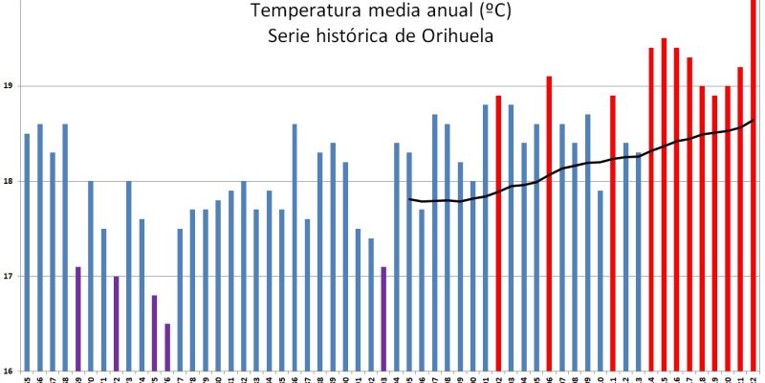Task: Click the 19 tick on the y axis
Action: [8, 86]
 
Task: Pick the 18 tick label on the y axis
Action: [8, 181]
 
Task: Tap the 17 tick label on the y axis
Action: [8, 277]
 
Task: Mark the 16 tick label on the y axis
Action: [8, 372]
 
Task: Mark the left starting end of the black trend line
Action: [409, 199]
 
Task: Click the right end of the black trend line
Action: [754, 120]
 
